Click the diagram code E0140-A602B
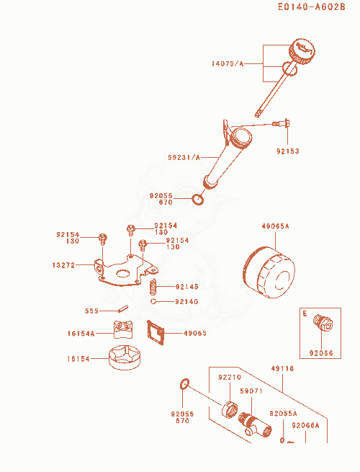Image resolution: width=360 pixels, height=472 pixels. click(x=311, y=6)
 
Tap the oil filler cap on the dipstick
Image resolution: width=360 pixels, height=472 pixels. click(x=302, y=51)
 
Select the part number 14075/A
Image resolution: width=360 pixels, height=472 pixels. click(x=228, y=64)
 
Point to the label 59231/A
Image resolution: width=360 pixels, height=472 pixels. click(x=184, y=157)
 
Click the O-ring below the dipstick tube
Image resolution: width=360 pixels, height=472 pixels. click(x=198, y=200)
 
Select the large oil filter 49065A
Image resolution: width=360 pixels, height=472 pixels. click(x=269, y=272)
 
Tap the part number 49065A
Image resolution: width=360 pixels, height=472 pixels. click(x=275, y=226)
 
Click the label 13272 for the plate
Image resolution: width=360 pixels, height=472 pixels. click(x=63, y=265)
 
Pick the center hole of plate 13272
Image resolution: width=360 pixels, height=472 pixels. click(x=122, y=273)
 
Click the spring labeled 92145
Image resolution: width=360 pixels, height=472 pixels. click(x=153, y=287)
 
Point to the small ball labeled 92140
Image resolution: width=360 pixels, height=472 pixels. click(x=153, y=301)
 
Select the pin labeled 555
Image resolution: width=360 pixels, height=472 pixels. click(x=123, y=309)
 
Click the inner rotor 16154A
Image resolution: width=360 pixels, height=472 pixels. click(x=123, y=329)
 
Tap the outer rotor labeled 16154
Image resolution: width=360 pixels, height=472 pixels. click(x=125, y=357)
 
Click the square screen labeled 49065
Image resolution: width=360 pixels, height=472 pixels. click(x=156, y=333)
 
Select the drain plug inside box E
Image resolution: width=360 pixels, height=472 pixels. click(x=323, y=323)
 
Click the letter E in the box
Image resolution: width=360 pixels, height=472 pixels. click(x=305, y=313)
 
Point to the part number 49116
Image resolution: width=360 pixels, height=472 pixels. click(x=282, y=369)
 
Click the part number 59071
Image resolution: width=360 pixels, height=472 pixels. click(x=251, y=391)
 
